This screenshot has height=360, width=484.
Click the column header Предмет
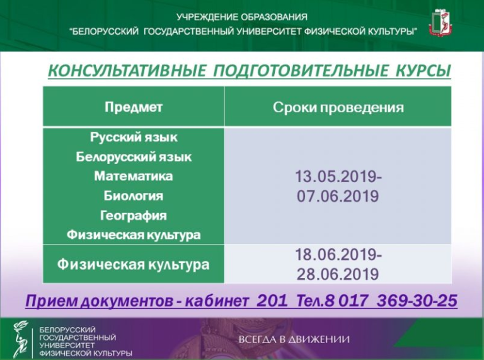(x=134, y=107)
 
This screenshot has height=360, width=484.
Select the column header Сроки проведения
(x=338, y=108)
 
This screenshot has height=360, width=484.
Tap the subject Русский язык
(x=134, y=137)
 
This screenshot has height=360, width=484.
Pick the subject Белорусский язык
(x=134, y=157)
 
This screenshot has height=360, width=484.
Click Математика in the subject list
(x=134, y=177)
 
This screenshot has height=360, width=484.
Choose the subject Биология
(x=134, y=195)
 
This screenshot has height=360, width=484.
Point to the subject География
(x=134, y=216)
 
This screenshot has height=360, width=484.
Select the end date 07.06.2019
(x=338, y=196)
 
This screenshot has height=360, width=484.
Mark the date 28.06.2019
(x=338, y=274)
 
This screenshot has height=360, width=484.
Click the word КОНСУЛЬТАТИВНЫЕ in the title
(x=127, y=71)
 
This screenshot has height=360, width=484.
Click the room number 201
(x=272, y=300)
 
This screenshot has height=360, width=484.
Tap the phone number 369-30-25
(x=417, y=300)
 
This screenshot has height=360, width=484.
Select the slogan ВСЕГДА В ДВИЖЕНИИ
(x=294, y=339)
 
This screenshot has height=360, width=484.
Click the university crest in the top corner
(x=441, y=22)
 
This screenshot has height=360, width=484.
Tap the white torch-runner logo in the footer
(x=20, y=339)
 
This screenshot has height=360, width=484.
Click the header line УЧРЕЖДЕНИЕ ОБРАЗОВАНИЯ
(x=242, y=17)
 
